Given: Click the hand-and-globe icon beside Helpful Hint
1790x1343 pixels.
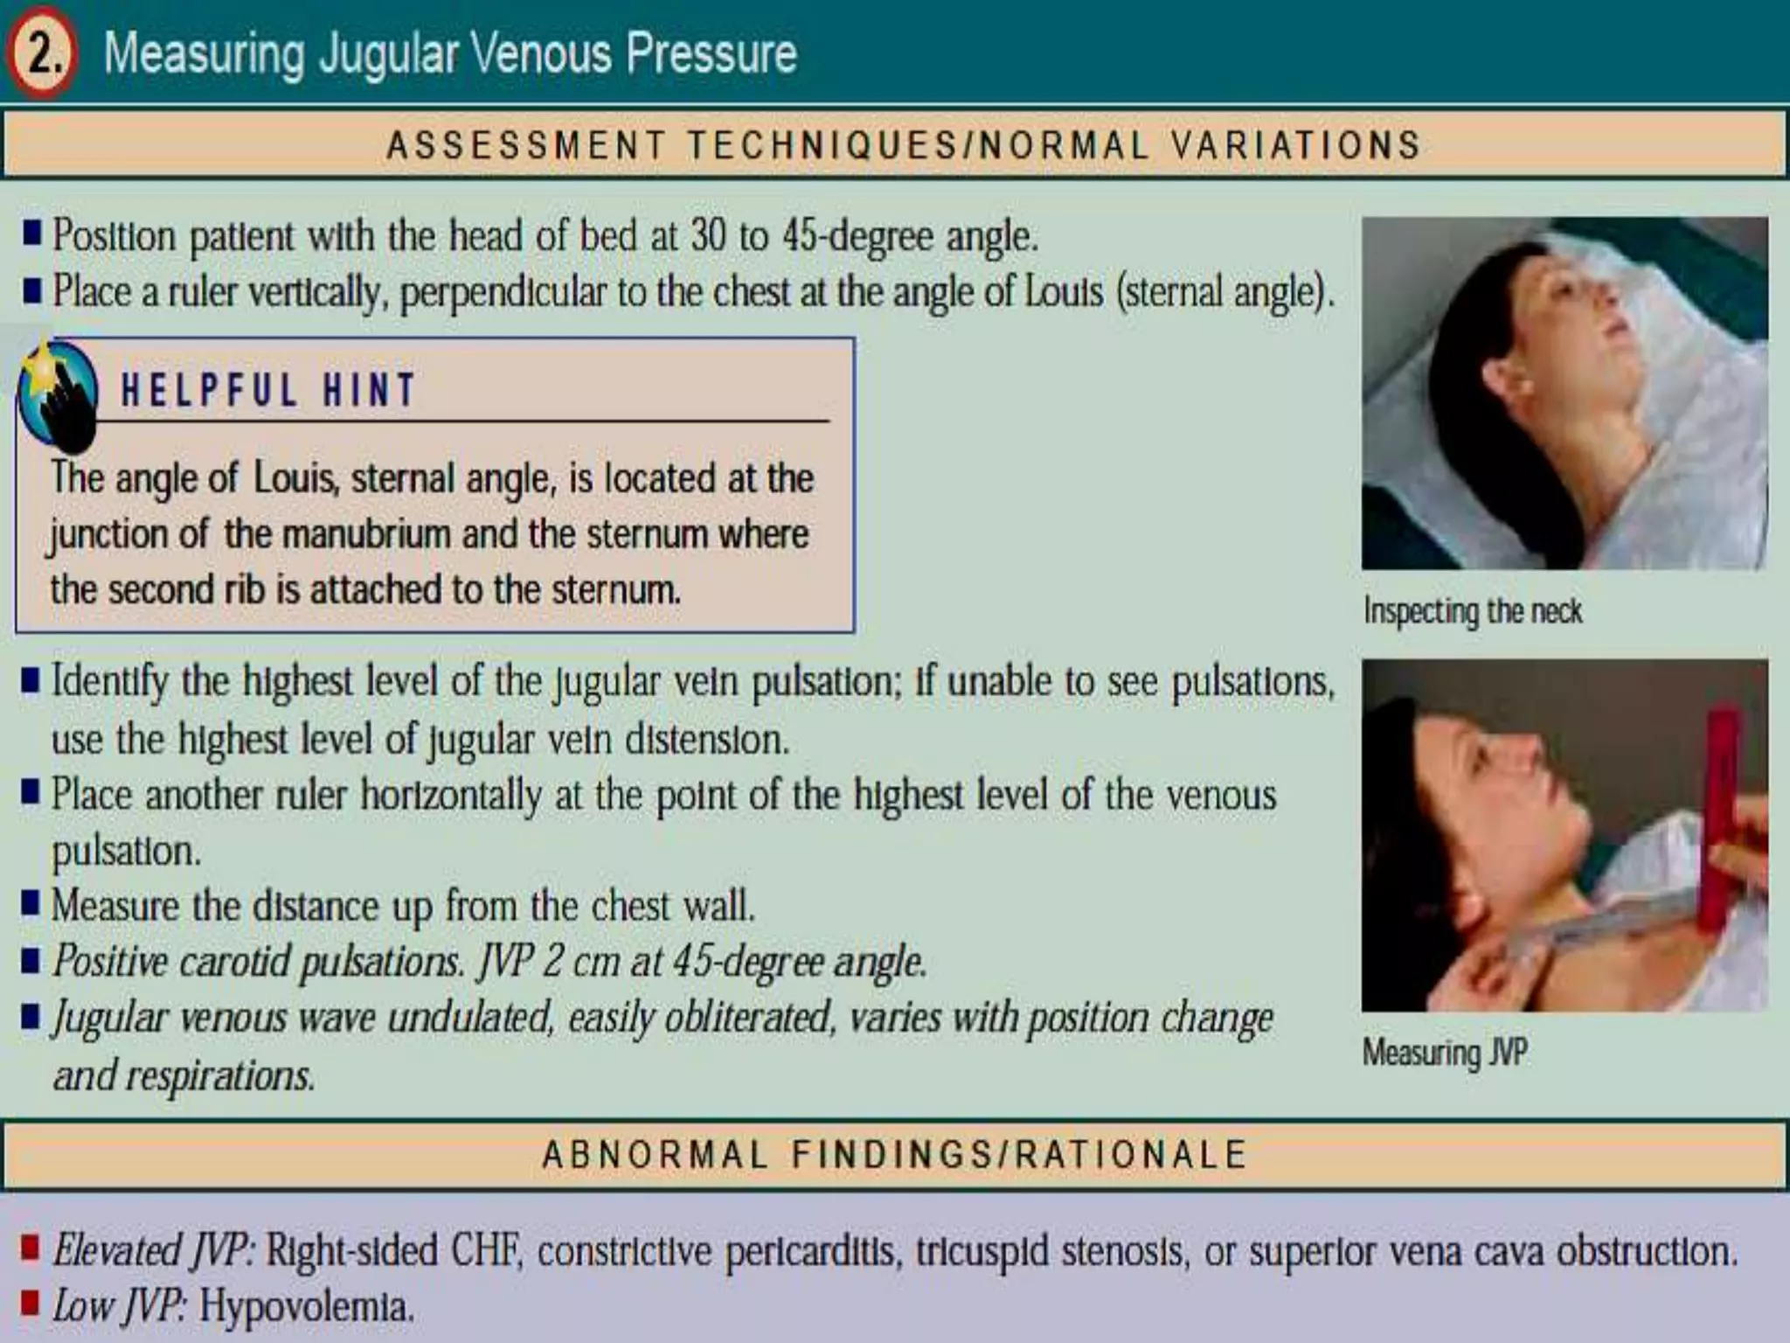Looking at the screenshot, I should (58, 393).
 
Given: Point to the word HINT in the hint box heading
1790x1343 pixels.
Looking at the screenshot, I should (369, 390).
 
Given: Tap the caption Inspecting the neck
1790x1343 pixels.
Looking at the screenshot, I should (1473, 611).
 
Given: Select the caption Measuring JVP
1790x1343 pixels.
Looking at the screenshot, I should (1445, 1052).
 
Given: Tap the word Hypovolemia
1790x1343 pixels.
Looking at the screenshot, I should (305, 1307).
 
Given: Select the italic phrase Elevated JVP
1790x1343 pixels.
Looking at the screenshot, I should (153, 1250).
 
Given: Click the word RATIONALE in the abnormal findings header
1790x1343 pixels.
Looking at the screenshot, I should (1131, 1154).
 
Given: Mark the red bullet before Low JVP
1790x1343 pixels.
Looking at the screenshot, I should (31, 1303).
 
